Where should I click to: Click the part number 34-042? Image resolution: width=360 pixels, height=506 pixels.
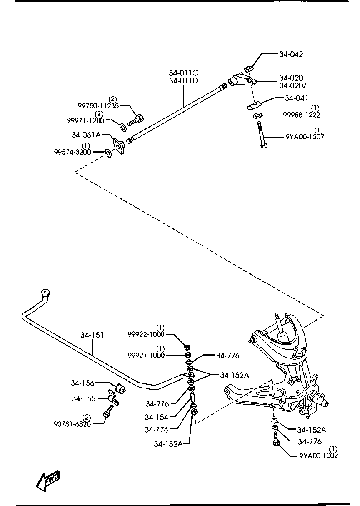click(291, 54)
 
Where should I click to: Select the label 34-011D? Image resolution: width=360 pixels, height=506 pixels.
click(183, 80)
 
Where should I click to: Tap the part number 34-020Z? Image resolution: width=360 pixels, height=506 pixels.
click(293, 85)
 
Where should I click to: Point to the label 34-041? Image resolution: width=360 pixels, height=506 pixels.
click(296, 98)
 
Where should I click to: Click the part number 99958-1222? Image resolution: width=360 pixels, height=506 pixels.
click(302, 115)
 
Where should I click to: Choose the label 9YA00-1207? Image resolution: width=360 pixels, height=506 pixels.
click(305, 137)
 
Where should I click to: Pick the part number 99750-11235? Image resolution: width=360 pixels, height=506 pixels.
click(98, 105)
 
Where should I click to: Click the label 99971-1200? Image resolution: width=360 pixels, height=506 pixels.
click(85, 120)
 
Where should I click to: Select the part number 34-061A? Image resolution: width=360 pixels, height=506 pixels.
click(86, 135)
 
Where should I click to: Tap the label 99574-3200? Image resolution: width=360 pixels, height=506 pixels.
click(72, 152)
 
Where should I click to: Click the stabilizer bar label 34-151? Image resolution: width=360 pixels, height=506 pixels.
click(92, 335)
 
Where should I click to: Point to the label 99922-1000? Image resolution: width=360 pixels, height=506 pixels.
click(146, 334)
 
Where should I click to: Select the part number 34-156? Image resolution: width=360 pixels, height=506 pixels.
click(82, 383)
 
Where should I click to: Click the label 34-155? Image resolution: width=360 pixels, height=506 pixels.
click(84, 398)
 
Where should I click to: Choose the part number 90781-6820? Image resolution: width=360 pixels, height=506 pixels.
click(72, 424)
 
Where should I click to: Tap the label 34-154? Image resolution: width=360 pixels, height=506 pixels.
click(157, 418)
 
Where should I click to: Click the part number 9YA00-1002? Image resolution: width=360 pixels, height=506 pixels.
click(319, 456)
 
